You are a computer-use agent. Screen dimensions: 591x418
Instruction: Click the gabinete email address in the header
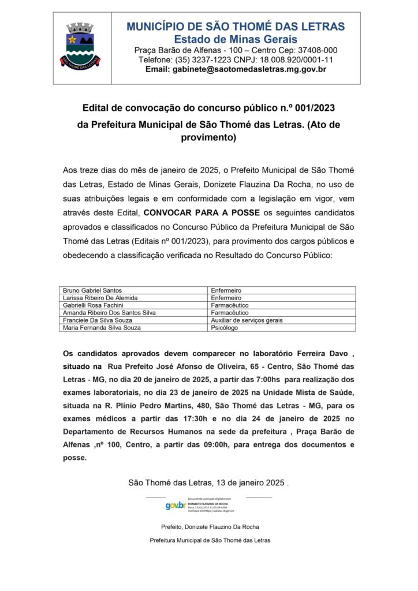tap(236, 69)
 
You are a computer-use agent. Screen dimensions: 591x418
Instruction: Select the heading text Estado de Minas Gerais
tap(236, 39)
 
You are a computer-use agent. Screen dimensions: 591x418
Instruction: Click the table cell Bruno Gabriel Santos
tap(92, 290)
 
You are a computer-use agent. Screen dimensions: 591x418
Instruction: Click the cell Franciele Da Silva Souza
tap(96, 320)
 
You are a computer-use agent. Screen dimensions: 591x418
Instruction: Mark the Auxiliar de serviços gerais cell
tap(247, 320)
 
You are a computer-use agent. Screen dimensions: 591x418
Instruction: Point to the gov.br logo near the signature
tap(176, 506)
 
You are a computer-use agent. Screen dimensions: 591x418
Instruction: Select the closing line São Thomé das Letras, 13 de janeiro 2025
tap(208, 482)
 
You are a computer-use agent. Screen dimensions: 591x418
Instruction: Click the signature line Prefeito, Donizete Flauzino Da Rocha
tap(210, 526)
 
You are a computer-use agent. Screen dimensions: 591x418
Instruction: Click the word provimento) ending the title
tap(209, 138)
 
